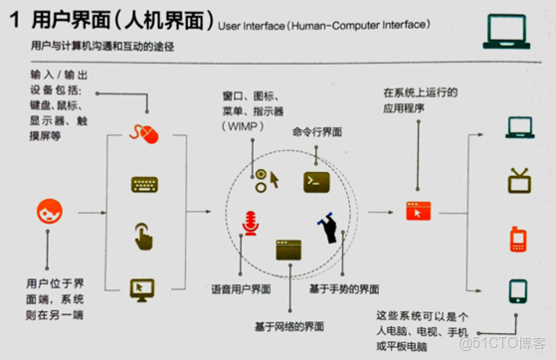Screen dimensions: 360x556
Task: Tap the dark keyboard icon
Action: point(145,185)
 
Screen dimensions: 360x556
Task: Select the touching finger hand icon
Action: point(145,237)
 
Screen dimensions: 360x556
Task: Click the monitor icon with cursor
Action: point(145,287)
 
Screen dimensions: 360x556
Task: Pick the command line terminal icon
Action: point(315,180)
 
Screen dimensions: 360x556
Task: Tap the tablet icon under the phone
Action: point(516,290)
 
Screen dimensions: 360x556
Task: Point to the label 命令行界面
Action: point(317,130)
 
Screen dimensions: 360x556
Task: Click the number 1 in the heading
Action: point(16,22)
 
